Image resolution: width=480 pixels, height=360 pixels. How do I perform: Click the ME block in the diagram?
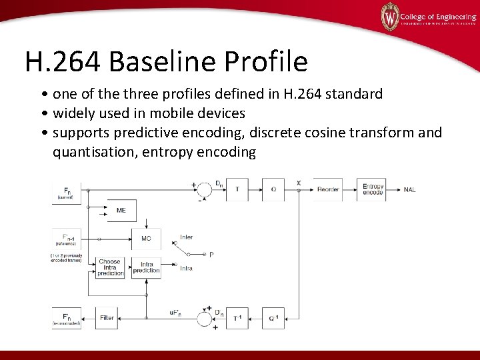121,211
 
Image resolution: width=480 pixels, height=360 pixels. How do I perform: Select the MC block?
146,238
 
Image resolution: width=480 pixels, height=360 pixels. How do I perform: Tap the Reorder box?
327,189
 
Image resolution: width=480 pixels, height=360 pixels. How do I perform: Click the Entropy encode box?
373,189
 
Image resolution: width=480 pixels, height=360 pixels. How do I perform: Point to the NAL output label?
409,189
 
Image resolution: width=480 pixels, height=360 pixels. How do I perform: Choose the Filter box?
107,318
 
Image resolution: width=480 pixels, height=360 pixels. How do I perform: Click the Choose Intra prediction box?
109,267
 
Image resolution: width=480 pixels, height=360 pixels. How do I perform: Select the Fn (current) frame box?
67,192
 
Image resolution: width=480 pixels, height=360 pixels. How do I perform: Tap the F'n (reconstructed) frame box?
67,317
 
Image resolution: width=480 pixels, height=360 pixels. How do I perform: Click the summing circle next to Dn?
203,189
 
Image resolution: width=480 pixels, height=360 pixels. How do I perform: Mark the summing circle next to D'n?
203,318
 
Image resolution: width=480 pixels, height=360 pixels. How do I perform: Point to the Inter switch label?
187,237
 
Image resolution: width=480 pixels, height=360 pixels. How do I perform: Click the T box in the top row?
237,189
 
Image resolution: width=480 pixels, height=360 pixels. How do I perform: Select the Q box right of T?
273,189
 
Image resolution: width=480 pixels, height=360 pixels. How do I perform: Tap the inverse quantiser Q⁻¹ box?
273,318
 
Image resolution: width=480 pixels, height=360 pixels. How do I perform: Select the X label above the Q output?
298,183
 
